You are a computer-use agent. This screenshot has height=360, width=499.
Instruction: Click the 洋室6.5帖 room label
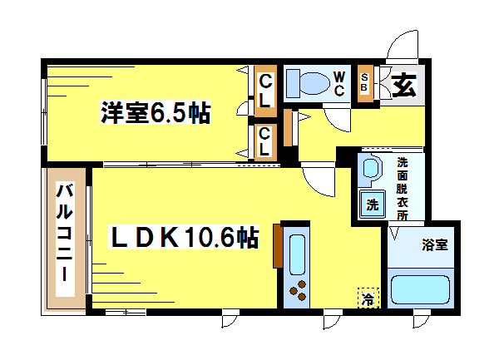(156, 112)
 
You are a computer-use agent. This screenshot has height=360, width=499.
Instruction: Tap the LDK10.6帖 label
(184, 237)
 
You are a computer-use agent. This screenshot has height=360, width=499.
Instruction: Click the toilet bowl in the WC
(314, 83)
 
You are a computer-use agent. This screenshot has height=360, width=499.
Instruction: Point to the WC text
(339, 84)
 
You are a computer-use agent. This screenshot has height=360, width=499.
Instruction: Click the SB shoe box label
(365, 82)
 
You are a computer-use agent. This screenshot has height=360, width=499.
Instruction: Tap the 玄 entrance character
(404, 85)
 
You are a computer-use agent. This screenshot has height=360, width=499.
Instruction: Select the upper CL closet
(265, 91)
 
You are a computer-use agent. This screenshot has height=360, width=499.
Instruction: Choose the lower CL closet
(265, 142)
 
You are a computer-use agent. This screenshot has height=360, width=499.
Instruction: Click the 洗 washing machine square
(373, 205)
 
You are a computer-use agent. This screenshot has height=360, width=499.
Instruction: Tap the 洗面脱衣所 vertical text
(403, 189)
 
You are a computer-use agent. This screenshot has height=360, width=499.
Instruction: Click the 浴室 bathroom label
(435, 244)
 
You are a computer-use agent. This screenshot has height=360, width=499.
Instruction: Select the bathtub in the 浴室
(420, 289)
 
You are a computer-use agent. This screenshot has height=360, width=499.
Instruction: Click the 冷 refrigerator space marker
(368, 298)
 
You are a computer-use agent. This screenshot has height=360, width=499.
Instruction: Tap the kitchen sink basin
(297, 254)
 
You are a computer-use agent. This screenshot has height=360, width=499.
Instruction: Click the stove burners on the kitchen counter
(298, 290)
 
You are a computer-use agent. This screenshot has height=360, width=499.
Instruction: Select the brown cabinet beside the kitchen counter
(278, 246)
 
